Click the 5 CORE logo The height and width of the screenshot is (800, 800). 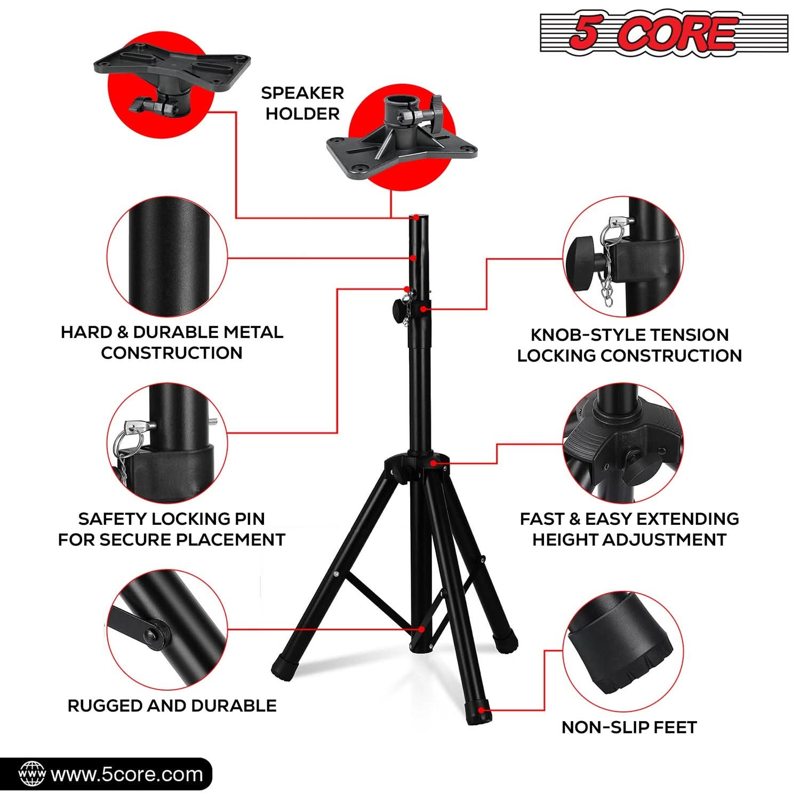(x=663, y=33)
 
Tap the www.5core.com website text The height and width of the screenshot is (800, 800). (x=126, y=774)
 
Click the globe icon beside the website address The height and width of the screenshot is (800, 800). (x=31, y=774)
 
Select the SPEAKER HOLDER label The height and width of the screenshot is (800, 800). (x=302, y=103)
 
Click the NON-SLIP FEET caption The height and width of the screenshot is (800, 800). (x=629, y=727)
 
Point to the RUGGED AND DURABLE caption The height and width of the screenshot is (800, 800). (x=172, y=706)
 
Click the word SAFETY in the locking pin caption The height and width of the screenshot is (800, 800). (x=113, y=519)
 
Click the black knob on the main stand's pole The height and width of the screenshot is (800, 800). (x=397, y=309)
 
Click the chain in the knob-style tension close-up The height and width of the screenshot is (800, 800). (x=605, y=285)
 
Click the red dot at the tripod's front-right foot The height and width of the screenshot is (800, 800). (x=482, y=710)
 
